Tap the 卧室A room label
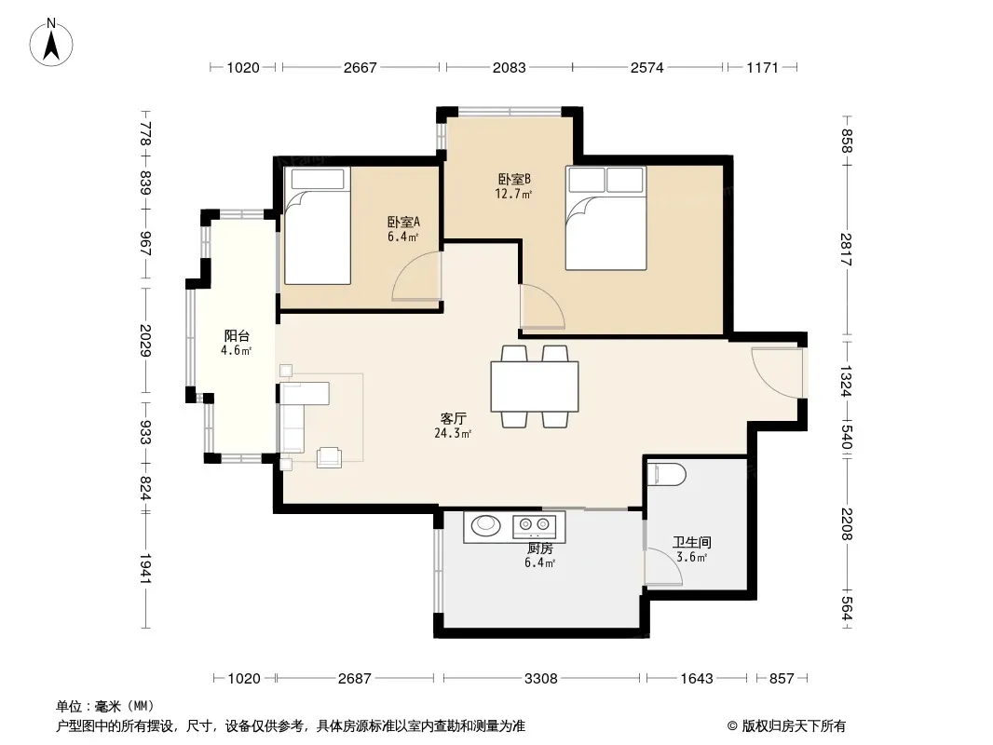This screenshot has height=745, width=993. tap(403, 223)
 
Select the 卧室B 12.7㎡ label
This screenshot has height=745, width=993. tap(513, 186)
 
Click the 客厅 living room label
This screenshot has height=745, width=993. tap(454, 418)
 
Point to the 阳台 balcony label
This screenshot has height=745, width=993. tap(237, 336)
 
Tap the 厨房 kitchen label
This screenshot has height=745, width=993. tap(540, 549)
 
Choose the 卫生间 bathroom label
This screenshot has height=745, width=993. tap(691, 542)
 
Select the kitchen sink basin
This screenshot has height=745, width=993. tap(485, 524)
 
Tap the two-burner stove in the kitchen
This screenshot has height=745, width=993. tap(534, 524)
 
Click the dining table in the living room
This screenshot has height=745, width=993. tap(535, 386)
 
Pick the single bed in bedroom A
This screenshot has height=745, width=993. tap(318, 225)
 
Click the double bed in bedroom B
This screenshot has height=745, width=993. tap(606, 218)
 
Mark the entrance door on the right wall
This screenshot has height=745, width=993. tap(777, 372)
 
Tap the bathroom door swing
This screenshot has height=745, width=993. tap(663, 565)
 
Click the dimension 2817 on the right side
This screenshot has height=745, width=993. tap(847, 250)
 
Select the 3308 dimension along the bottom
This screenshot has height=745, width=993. tap(541, 679)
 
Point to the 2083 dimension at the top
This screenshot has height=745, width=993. tap(510, 67)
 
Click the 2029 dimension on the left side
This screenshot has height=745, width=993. tap(145, 341)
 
